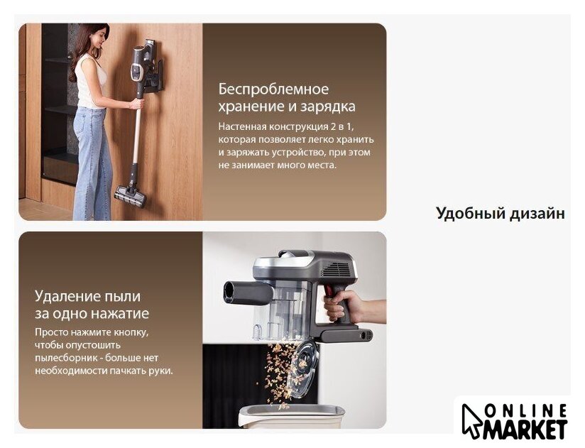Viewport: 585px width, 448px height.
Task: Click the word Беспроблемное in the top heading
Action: click(273, 89)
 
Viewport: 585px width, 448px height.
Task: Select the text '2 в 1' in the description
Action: click(341, 126)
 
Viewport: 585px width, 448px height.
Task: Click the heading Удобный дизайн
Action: click(501, 214)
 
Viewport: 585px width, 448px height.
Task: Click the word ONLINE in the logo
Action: click(526, 412)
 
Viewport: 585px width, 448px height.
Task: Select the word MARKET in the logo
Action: click(525, 430)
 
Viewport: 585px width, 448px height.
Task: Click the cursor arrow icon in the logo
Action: click(471, 421)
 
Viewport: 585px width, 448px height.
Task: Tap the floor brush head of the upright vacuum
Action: click(130, 197)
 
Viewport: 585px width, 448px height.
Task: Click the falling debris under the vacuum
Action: click(278, 373)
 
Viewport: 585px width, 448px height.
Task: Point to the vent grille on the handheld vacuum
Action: click(338, 268)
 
